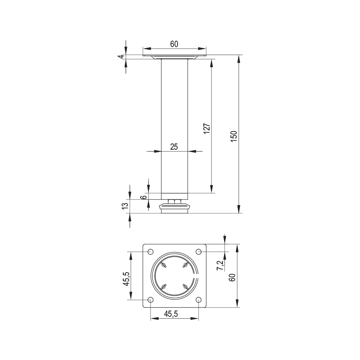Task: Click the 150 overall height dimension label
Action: (233, 136)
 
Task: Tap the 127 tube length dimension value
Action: (207, 129)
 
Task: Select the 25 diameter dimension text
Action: (174, 147)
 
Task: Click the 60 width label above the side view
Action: (174, 44)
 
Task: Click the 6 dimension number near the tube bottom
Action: (143, 197)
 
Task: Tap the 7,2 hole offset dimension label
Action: (220, 265)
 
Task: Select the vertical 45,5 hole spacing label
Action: (126, 279)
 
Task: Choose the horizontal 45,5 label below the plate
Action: (171, 314)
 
